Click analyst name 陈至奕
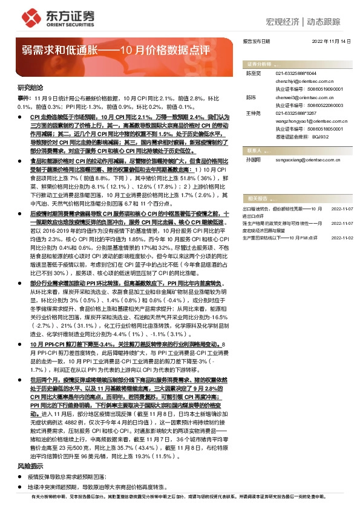252,72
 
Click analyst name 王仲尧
252,113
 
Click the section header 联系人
255,151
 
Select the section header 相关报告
257,198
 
